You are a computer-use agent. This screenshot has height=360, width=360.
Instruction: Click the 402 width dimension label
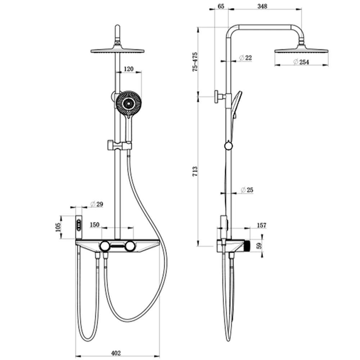coord(116,353)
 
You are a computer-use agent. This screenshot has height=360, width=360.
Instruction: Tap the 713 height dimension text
coord(195,171)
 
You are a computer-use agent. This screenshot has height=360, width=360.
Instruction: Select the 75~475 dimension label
coord(195,62)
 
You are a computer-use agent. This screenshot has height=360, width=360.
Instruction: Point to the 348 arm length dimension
coord(262,6)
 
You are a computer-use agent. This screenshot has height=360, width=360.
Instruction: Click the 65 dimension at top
coord(221,6)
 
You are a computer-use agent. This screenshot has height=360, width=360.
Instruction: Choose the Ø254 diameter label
coord(301,62)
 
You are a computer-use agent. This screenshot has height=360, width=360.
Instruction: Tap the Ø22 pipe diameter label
coord(246,58)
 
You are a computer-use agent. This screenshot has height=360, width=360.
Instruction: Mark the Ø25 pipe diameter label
coord(247,190)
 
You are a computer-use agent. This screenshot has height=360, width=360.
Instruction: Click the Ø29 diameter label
coord(96,204)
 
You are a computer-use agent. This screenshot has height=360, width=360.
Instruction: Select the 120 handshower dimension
coord(129,69)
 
